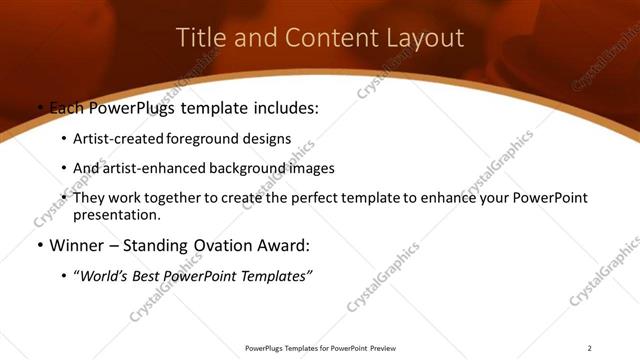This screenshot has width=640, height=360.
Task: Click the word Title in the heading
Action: (x=201, y=38)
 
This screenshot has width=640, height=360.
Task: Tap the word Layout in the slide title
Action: (x=424, y=38)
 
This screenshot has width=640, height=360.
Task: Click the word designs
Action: (x=269, y=139)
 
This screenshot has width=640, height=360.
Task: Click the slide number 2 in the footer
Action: (x=589, y=348)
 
